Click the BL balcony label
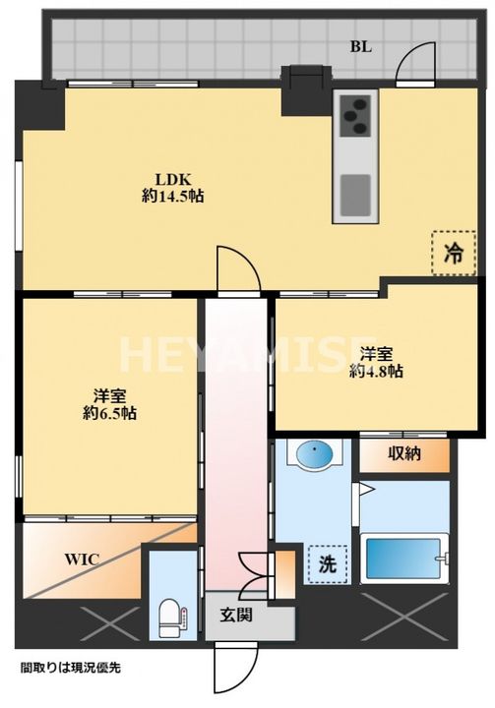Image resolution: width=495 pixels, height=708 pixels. point(361,46)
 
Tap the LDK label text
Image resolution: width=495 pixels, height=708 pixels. point(172,179)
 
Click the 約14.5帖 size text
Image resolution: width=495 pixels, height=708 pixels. point(172,196)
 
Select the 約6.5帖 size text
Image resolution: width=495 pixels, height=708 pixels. point(110,414)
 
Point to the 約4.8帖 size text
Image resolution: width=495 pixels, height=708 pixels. point(377,371)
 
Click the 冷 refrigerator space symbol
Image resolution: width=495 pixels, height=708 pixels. point(454,253)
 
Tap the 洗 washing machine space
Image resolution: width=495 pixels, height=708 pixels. point(328,564)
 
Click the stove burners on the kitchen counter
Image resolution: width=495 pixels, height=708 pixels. point(355,116)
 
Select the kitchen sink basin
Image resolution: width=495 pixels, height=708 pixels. point(355,195)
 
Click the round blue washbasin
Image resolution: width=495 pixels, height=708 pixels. point(315,452)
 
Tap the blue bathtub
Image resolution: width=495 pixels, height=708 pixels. point(404,559)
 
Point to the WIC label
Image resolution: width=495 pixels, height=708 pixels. point(82,560)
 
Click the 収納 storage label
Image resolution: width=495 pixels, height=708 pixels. point(403,453)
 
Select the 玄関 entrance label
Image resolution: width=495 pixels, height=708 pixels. point(236,615)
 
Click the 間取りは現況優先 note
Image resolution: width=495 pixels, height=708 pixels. point(71,668)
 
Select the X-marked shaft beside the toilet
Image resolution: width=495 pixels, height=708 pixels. point(110,624)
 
